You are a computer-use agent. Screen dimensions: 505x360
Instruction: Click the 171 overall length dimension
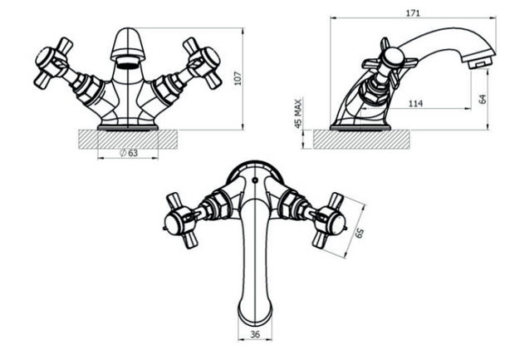[x=413, y=13]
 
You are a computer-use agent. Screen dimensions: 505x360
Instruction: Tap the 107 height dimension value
[x=238, y=78]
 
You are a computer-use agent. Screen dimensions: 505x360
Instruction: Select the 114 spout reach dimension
[x=415, y=104]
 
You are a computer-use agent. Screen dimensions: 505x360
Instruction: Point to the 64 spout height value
[x=483, y=99]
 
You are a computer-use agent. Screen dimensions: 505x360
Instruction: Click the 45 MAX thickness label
[x=298, y=113]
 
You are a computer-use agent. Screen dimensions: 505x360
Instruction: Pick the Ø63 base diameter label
[x=129, y=153]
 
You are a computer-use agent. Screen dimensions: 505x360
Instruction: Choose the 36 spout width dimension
[x=255, y=334]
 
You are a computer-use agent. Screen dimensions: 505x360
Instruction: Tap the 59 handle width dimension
[x=359, y=233]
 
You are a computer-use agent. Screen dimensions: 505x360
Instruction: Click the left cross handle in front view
[x=52, y=63]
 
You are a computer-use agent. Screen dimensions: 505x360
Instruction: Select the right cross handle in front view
[x=203, y=63]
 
